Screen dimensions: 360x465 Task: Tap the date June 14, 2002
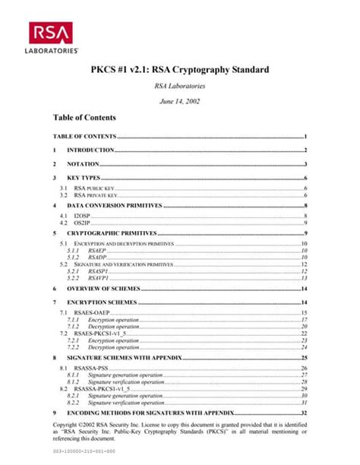pos(179,100)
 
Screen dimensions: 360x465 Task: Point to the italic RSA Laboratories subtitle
pos(179,86)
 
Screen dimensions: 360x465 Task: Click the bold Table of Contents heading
pos(84,118)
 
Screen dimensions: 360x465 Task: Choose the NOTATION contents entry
pos(84,163)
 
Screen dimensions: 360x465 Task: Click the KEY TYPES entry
pos(84,177)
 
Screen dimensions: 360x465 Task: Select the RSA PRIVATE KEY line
pos(95,195)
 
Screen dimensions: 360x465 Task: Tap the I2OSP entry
pos(84,217)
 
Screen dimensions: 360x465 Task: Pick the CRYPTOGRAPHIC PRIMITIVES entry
pos(112,232)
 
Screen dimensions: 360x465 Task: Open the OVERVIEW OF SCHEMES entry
pos(103,289)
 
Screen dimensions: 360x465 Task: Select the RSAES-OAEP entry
pos(93,313)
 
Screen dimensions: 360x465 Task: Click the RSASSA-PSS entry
pos(92,368)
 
